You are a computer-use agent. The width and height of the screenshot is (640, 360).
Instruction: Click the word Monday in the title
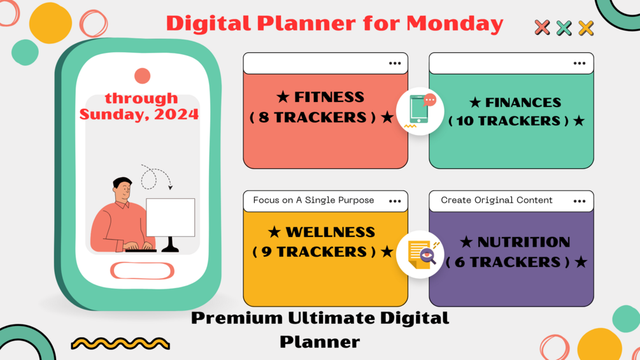click(x=455, y=24)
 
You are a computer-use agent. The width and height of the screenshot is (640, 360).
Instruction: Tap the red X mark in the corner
click(x=542, y=27)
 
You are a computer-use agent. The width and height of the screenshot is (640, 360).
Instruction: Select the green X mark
click(x=564, y=27)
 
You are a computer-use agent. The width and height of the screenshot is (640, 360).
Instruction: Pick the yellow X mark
click(x=586, y=27)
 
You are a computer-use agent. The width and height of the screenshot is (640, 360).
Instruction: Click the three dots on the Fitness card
click(x=395, y=63)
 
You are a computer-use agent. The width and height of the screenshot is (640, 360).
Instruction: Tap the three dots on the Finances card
click(x=579, y=63)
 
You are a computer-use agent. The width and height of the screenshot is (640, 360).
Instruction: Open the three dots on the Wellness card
click(x=395, y=201)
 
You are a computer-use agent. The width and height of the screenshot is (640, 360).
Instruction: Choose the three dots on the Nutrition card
click(x=579, y=201)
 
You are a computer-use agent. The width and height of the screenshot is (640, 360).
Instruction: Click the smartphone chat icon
click(x=420, y=111)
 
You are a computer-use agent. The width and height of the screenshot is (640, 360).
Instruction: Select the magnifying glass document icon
click(x=420, y=254)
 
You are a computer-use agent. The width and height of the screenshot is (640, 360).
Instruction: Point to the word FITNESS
click(x=329, y=97)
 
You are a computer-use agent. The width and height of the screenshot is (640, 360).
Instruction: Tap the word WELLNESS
click(x=330, y=232)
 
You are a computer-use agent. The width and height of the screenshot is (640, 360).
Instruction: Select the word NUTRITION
click(x=523, y=242)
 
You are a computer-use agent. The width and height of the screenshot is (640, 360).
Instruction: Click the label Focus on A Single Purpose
click(x=313, y=200)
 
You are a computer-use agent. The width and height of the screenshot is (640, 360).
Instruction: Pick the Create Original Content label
click(x=497, y=200)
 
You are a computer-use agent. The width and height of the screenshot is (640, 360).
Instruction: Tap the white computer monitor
click(x=170, y=217)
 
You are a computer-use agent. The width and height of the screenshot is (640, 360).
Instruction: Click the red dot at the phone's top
click(x=143, y=76)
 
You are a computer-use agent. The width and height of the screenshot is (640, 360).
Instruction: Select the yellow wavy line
click(x=120, y=343)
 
